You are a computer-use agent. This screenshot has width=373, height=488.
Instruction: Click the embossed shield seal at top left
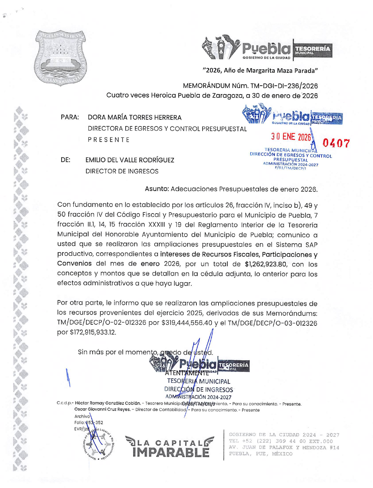61,58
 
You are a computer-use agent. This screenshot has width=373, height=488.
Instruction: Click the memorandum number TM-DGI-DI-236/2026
284,86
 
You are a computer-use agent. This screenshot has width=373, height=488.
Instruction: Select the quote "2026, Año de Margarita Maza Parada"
260,71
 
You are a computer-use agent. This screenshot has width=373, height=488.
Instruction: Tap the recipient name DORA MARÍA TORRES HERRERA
134,118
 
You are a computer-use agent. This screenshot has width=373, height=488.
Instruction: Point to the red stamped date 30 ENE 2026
291,137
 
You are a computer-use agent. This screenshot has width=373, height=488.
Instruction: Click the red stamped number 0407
336,144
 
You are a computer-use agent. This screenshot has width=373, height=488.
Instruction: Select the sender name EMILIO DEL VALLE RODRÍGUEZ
130,160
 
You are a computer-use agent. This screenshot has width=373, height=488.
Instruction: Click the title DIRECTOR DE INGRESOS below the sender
122,171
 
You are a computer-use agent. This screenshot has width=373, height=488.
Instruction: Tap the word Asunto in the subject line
156,189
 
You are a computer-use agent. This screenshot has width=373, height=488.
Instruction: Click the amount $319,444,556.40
187,323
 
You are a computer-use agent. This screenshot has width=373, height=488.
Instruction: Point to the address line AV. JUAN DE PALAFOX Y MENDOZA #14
284,448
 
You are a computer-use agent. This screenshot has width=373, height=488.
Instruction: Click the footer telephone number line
281,441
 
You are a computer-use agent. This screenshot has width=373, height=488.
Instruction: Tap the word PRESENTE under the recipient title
109,140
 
